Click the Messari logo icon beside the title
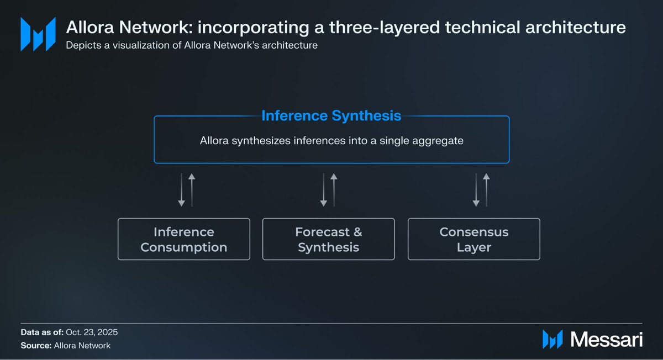(38, 34)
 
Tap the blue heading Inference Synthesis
(331, 116)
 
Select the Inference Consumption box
(184, 239)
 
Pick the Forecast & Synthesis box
(329, 239)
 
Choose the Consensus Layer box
(474, 239)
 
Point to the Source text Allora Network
(82, 346)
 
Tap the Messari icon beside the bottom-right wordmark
(553, 339)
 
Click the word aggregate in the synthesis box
(439, 141)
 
